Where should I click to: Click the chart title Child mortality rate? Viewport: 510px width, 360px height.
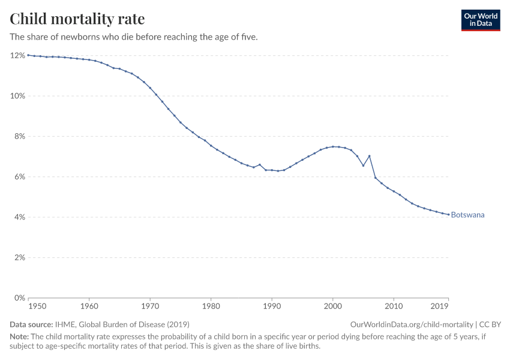click(77, 19)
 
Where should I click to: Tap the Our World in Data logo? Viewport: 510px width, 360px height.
click(480, 20)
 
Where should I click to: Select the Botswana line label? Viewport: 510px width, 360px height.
click(467, 215)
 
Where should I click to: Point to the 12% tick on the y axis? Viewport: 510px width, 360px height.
click(17, 55)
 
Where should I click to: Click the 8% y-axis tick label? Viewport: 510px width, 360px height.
click(19, 136)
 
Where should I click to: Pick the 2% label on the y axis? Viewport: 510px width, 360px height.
click(19, 257)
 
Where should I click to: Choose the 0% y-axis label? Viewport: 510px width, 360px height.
click(19, 298)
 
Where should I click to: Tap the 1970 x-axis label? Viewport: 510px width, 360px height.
click(150, 307)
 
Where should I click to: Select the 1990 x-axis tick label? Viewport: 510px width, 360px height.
click(272, 307)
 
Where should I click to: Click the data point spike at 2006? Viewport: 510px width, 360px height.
click(369, 156)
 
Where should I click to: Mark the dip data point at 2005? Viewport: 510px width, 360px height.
click(363, 166)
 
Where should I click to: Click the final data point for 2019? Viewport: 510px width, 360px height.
click(448, 214)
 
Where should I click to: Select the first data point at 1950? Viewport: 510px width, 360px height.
click(28, 55)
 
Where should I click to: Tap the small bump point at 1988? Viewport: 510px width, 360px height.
click(260, 164)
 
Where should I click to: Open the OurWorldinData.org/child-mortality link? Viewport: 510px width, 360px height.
click(412, 324)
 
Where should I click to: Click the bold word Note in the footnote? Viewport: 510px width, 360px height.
click(20, 337)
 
